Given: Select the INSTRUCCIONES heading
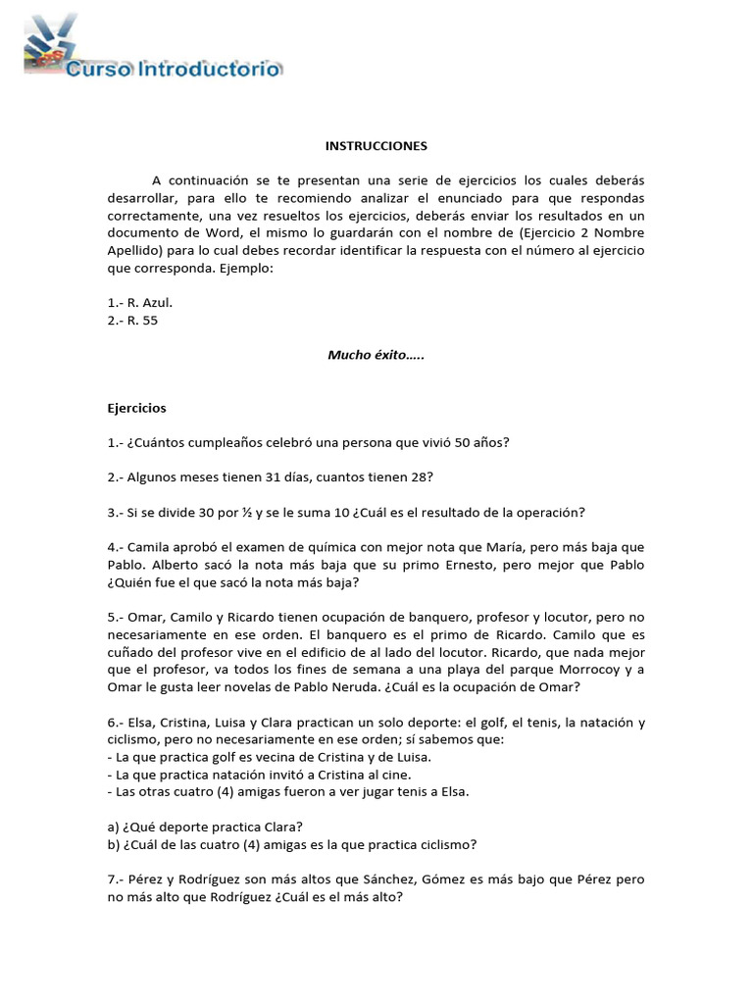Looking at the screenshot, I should click(x=376, y=146).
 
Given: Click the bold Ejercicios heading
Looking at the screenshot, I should click(x=136, y=407).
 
